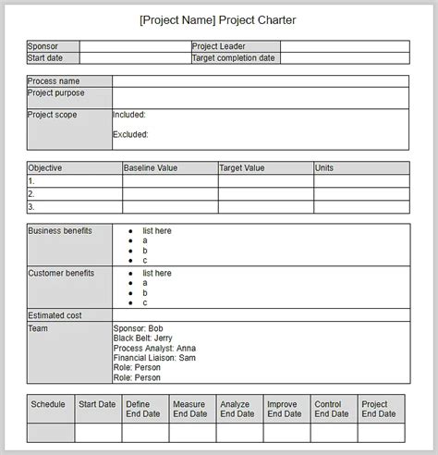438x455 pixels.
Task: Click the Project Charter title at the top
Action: (x=218, y=18)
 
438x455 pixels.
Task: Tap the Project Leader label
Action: (x=218, y=46)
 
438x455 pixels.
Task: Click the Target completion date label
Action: (x=233, y=57)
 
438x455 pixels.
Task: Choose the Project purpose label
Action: (x=56, y=92)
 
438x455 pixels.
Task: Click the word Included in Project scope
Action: (x=128, y=116)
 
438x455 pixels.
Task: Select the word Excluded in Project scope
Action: (x=130, y=134)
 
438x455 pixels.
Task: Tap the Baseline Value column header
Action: (x=150, y=168)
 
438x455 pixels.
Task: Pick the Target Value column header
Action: (x=242, y=168)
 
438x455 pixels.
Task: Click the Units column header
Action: (x=324, y=168)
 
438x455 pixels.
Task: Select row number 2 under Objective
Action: (x=31, y=194)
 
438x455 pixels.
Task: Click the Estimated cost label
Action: (x=55, y=315)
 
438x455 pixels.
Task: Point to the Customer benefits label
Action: (x=62, y=274)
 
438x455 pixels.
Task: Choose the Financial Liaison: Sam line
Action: (x=154, y=358)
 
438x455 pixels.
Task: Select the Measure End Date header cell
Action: (x=189, y=409)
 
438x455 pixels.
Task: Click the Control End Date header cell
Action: (x=332, y=409)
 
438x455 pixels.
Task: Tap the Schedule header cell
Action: (x=48, y=404)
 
